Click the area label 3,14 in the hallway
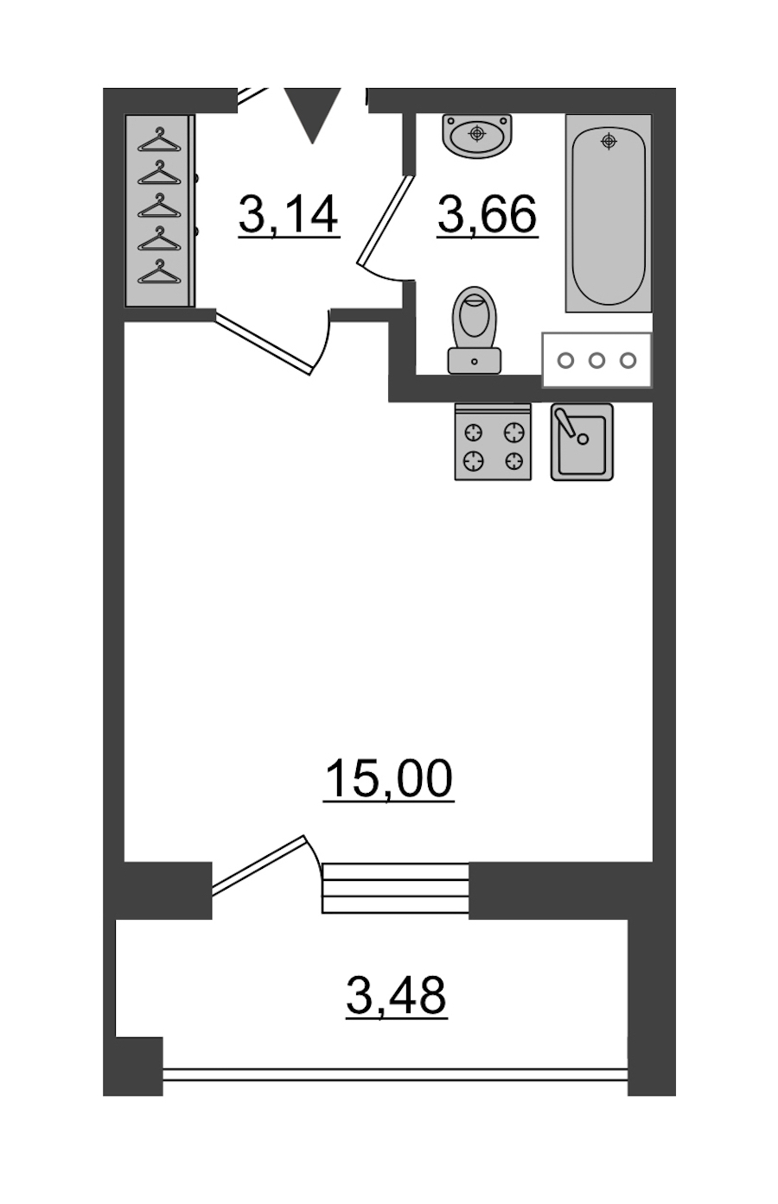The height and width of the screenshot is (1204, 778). (x=289, y=214)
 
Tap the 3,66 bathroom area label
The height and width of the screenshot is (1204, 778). (x=488, y=214)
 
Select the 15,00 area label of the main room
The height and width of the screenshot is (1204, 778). (x=388, y=778)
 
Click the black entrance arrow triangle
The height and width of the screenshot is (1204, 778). (x=313, y=114)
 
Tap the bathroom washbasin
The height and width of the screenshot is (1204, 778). (x=476, y=135)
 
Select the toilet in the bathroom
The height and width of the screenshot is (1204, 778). (x=475, y=330)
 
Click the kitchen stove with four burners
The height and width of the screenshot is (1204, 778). (x=493, y=442)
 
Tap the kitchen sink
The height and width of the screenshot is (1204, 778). (x=582, y=442)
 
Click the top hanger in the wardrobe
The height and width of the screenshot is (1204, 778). (x=159, y=140)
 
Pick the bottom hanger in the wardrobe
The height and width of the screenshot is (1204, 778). (x=159, y=271)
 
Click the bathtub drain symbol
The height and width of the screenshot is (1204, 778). (x=609, y=142)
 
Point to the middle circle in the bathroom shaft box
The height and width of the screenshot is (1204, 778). (x=596, y=360)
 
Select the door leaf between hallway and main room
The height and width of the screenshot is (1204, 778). (x=264, y=344)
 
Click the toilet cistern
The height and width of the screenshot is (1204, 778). (x=475, y=360)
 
